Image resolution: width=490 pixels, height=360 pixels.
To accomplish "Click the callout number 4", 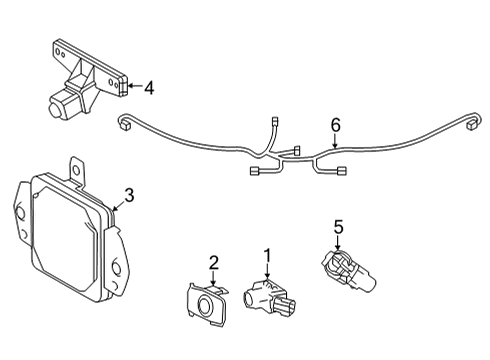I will (149, 88).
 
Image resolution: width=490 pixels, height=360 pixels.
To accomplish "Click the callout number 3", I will (128, 194).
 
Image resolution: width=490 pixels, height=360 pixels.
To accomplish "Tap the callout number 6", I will (336, 125).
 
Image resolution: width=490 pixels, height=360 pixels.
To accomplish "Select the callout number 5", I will (338, 228).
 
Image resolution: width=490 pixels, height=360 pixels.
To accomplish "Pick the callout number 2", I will (212, 263).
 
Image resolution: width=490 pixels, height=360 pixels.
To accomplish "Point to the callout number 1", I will (266, 256).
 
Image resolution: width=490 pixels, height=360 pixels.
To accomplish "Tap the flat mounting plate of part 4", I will (90, 62).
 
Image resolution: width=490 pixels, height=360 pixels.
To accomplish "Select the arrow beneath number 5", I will (338, 246).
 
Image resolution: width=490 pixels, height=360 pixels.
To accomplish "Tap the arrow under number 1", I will (266, 275).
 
